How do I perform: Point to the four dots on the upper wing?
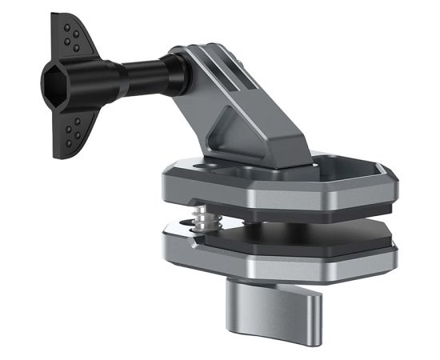pos(73,40)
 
